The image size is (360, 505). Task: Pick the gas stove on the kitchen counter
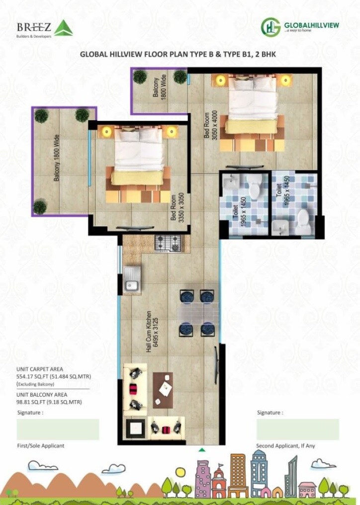[169, 243]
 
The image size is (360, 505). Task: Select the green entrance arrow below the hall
[202, 450]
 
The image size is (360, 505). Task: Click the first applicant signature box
[58, 429]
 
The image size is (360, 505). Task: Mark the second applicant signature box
[297, 429]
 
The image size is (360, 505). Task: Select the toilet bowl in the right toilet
[304, 217]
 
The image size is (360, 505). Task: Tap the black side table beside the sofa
[135, 427]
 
